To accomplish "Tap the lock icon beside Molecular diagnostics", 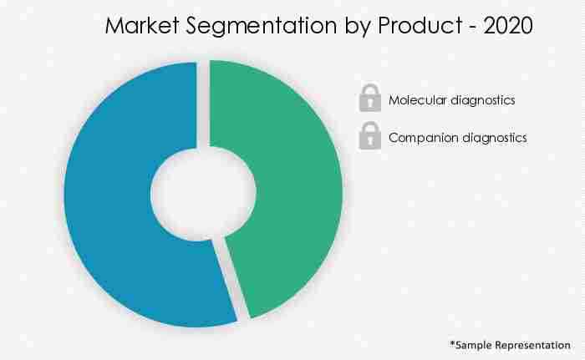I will (369, 99).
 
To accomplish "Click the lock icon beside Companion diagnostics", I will (369, 136).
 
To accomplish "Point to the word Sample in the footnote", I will (475, 344).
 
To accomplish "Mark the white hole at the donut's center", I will (203, 193).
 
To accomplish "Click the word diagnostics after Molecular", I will (483, 100).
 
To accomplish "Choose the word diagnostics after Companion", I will (491, 138).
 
